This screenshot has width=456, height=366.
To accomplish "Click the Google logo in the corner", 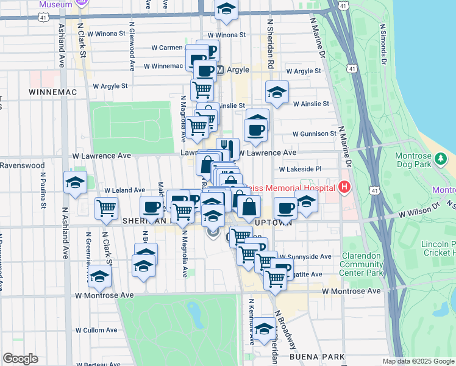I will coord(20,358).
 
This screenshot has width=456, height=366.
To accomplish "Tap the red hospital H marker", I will coord(344,187).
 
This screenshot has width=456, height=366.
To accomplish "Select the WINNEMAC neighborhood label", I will coord(51,91).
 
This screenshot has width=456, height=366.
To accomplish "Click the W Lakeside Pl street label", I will coord(299,169).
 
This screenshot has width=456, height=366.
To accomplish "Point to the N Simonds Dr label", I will coord(383,44).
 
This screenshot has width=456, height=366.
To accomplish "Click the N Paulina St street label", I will coord(43,189).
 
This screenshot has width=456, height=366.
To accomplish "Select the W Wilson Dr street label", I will coord(422,214).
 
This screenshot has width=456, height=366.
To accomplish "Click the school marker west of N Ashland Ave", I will coord(76,182).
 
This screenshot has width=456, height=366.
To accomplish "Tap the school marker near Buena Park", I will coord(264,328).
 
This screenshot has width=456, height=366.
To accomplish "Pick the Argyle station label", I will coord(238,70).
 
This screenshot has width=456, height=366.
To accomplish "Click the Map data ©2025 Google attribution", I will coord(418,361).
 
